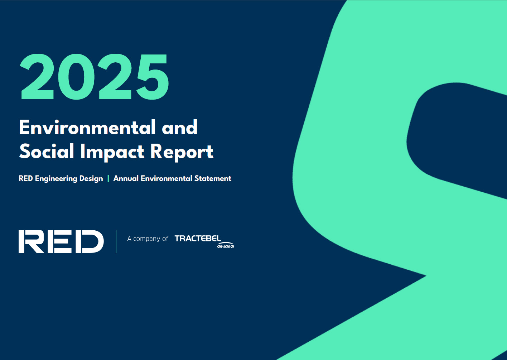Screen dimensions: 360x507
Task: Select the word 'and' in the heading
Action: click(179, 128)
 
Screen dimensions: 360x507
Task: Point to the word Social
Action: click(47, 151)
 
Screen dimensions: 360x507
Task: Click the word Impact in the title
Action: click(112, 152)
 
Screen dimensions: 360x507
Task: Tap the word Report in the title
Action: click(182, 152)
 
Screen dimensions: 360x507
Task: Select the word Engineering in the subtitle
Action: click(56, 179)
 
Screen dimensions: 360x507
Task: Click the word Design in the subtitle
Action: click(91, 179)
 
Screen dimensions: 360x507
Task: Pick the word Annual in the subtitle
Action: click(126, 178)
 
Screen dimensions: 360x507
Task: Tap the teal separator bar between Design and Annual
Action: click(108, 178)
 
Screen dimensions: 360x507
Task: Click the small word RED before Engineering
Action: click(25, 178)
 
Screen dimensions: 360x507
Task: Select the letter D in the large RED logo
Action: click(92, 241)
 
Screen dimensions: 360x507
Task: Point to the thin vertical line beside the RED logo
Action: click(116, 241)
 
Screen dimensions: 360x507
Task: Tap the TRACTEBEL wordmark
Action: click(197, 238)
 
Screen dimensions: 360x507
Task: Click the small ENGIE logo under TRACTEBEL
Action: click(226, 246)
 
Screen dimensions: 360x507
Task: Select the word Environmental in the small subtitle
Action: click(166, 178)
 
